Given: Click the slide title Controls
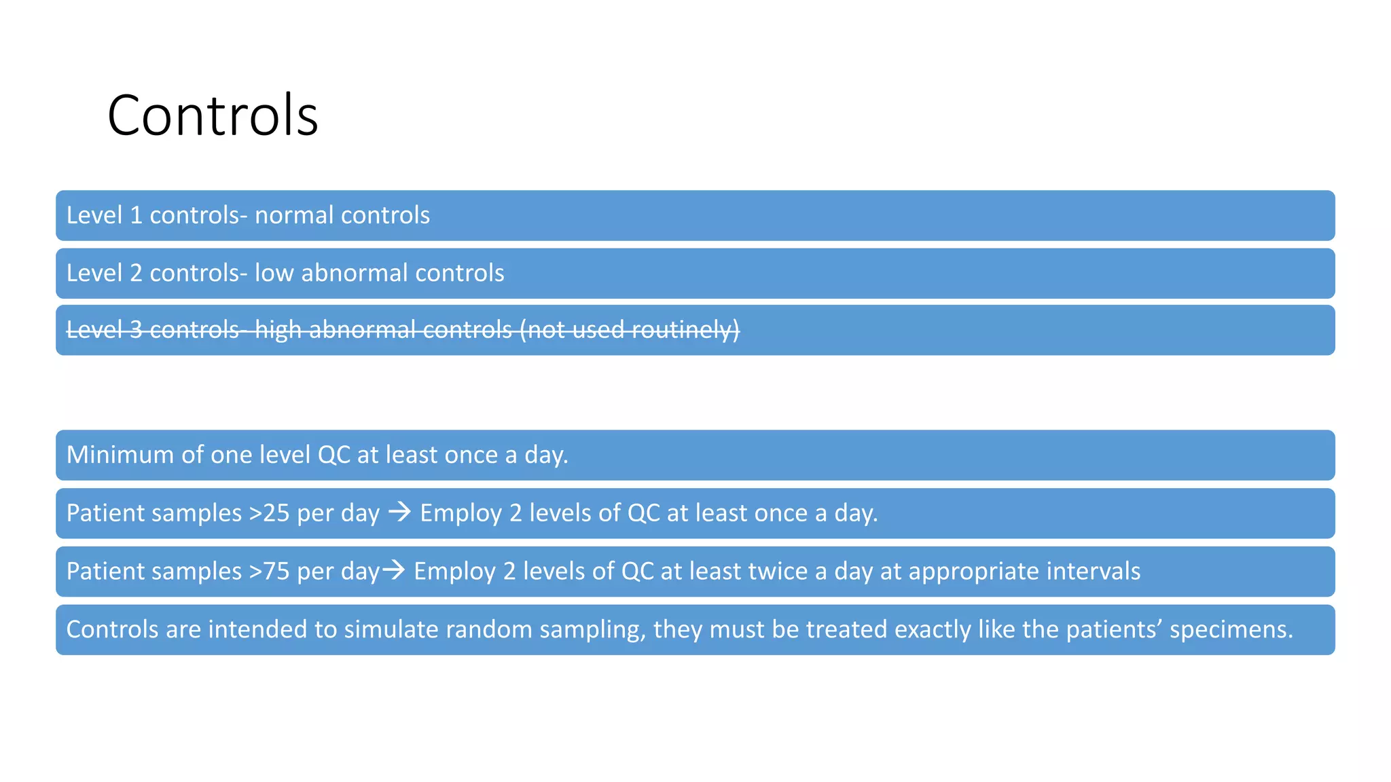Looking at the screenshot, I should pyautogui.click(x=213, y=115).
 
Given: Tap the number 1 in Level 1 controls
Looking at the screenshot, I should pyautogui.click(x=136, y=216).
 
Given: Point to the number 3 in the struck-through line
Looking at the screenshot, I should pyautogui.click(x=136, y=330).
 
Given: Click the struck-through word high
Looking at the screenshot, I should pyautogui.click(x=278, y=330).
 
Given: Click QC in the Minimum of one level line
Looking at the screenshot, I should pyautogui.click(x=333, y=455).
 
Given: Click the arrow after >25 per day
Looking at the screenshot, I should pyautogui.click(x=399, y=512).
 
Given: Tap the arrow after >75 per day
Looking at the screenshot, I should pyautogui.click(x=394, y=570).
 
